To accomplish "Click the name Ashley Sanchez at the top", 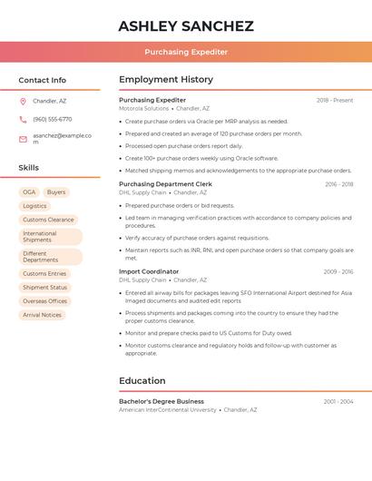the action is pos(186,26).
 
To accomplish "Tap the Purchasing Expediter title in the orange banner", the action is pos(186,52).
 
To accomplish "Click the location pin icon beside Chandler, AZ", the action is pos(23,102).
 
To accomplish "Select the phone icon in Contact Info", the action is pos(23,120).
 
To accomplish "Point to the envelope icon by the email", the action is pos(23,139).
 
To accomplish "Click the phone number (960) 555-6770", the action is pos(52,120).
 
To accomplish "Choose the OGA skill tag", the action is pos(29,192).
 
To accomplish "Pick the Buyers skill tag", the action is pos(56,192).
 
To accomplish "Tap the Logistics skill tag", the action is pos(34,206).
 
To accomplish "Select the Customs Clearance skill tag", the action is pos(48,220).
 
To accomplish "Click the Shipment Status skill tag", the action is pos(44,288).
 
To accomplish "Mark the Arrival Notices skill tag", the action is pos(42,315).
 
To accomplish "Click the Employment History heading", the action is pos(166,80).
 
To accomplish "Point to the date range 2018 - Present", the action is pos(335,100).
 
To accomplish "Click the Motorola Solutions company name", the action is pos(144,108).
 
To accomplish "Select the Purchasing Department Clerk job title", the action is pos(165,184).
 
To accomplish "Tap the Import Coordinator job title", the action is pos(149,271).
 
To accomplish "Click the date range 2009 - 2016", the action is pos(338,271).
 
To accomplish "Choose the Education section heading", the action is pos(142,381).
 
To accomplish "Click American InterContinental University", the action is pos(168,409).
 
